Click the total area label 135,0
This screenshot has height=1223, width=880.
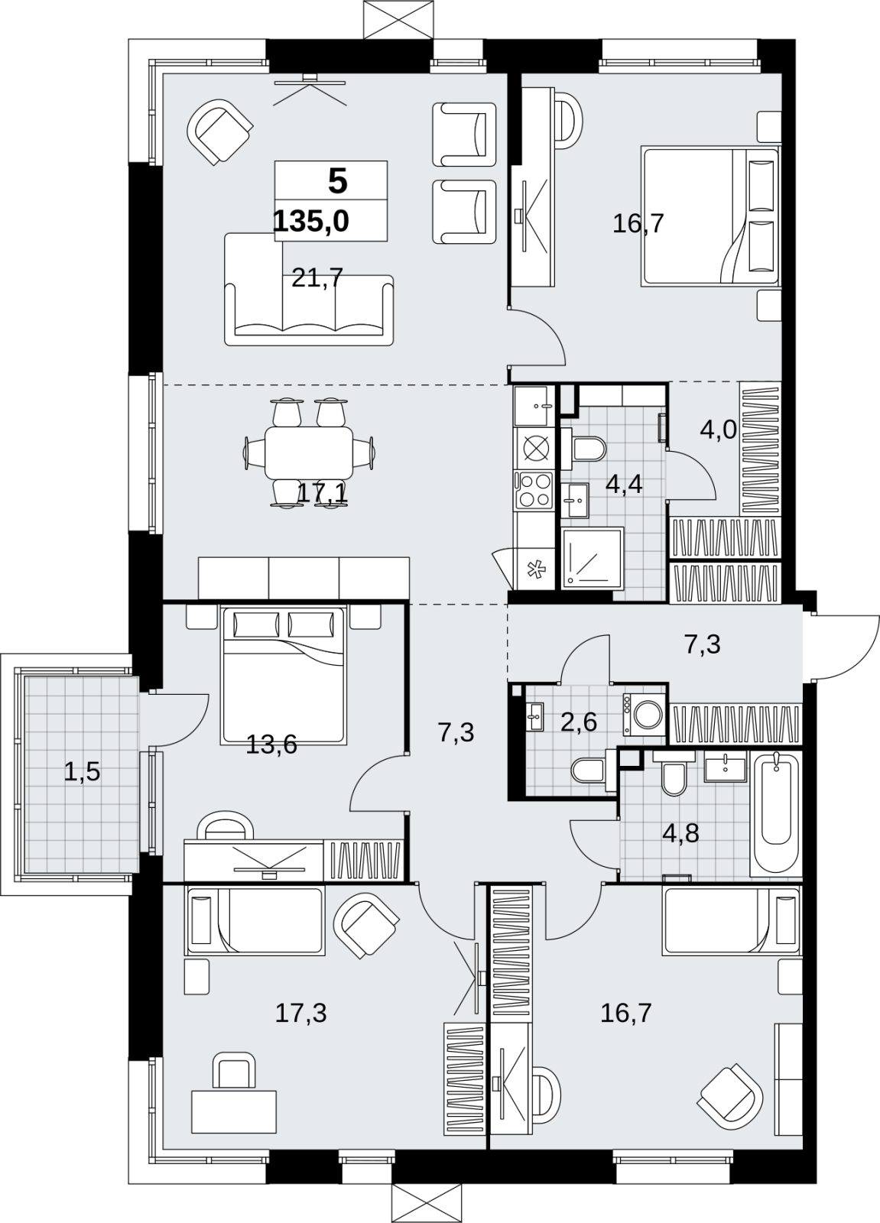(x=311, y=222)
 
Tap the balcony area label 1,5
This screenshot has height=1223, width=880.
(x=82, y=772)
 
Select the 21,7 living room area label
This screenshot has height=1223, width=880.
(x=317, y=278)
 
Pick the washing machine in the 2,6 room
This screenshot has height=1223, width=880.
(x=645, y=714)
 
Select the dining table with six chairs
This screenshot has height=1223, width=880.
(x=309, y=453)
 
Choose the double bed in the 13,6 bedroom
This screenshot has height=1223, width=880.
(x=283, y=675)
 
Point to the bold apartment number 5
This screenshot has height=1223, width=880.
(x=338, y=181)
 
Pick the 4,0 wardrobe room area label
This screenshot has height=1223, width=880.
(x=719, y=430)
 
